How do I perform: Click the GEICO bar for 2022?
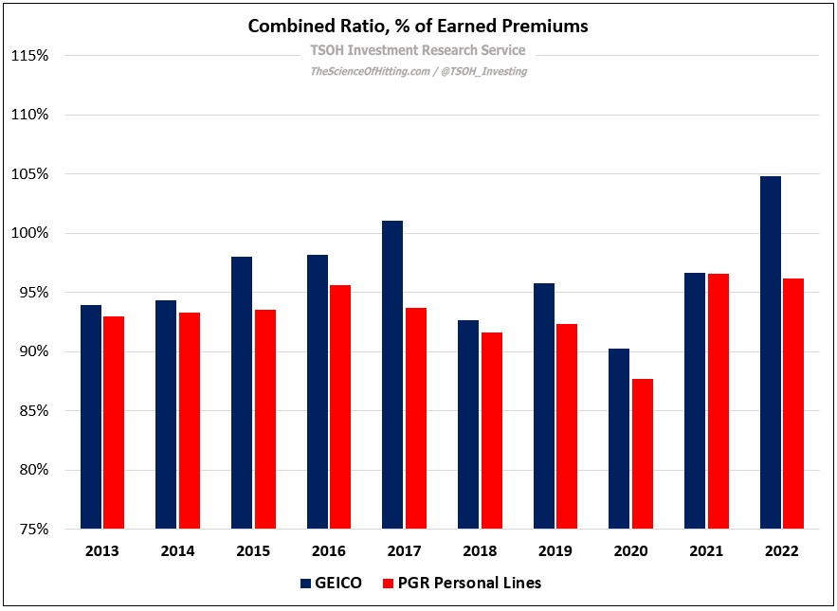click(771, 352)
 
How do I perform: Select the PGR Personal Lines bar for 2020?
click(643, 454)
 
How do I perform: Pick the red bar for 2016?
click(340, 406)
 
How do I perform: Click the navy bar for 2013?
click(91, 417)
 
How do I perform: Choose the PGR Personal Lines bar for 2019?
click(567, 426)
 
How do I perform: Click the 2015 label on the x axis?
click(253, 551)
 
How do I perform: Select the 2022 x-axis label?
click(782, 551)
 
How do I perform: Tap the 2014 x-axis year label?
click(177, 551)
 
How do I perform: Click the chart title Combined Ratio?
click(418, 27)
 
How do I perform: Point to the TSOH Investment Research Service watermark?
click(418, 50)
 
